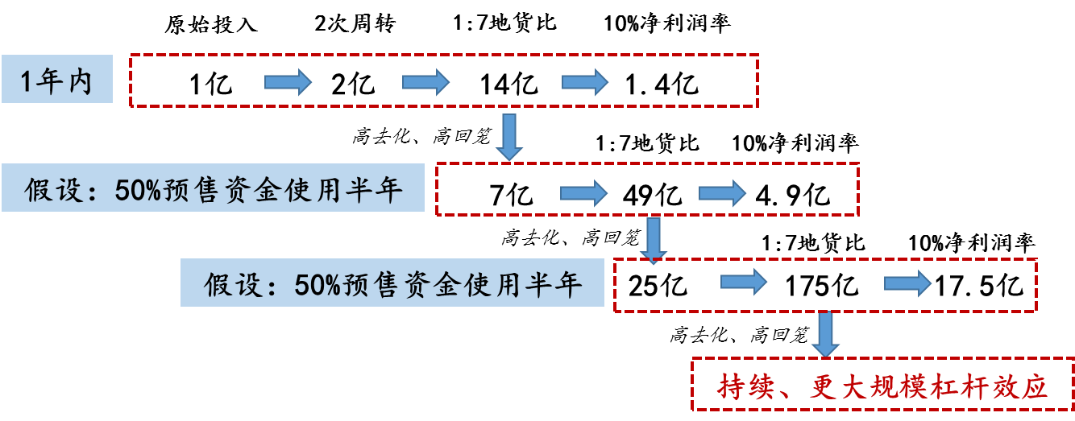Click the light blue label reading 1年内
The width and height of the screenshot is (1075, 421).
pos(56,80)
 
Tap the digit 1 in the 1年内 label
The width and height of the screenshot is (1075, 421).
pos(27,80)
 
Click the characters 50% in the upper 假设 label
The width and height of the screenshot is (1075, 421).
pos(139,190)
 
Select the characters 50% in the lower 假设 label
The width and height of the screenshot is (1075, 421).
pos(319,284)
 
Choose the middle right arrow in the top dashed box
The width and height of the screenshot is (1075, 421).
pos(425,81)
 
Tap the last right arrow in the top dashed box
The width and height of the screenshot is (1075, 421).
pos(585,81)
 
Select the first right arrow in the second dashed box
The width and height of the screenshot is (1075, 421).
pos(583,192)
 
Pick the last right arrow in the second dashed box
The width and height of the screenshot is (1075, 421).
pos(722,192)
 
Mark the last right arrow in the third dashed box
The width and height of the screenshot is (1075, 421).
pos(907,283)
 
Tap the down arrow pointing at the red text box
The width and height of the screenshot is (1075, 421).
pos(825,333)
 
